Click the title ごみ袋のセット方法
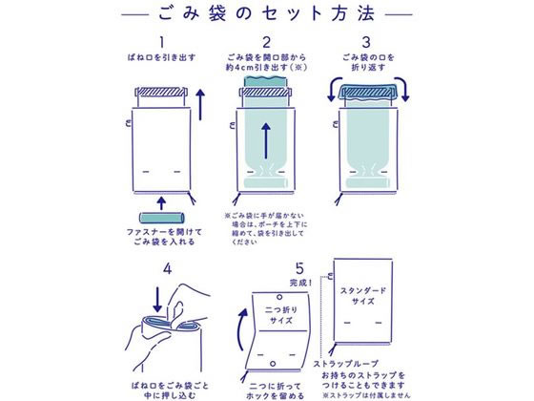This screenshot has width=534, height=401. [267, 15]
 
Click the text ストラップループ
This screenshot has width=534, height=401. [345, 364]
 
